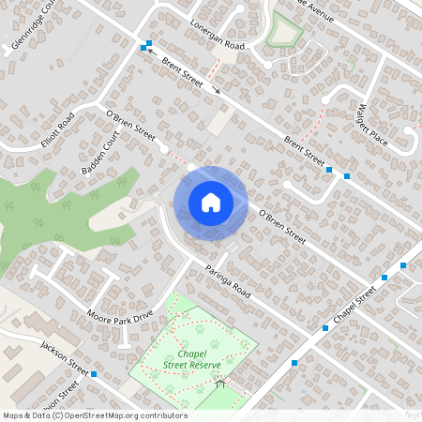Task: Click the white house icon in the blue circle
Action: tap(211, 202)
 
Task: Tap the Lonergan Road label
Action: tap(217, 35)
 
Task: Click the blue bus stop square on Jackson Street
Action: tap(95, 373)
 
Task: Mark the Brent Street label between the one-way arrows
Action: tap(182, 70)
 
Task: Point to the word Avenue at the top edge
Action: tap(314, 7)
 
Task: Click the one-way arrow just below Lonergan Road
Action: tap(218, 91)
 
